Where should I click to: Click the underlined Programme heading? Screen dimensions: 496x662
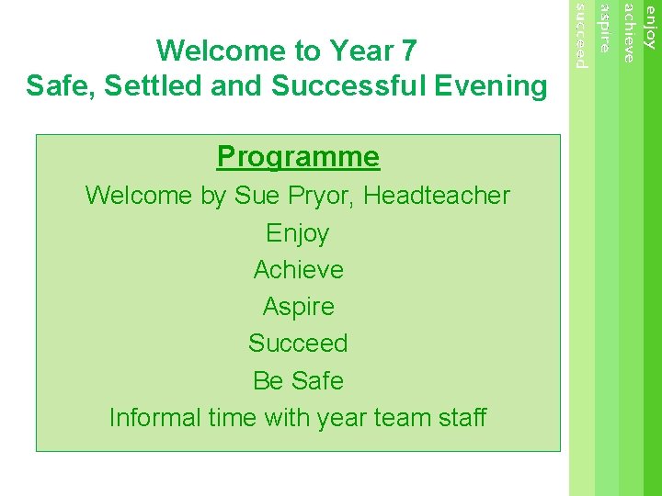298,157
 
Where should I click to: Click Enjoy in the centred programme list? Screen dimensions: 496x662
298,233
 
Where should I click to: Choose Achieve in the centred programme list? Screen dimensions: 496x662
298,270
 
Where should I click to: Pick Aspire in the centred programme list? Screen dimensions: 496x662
298,307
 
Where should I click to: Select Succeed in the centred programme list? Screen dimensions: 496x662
298,344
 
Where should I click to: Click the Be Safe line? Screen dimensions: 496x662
298,380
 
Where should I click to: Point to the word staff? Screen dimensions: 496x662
462,418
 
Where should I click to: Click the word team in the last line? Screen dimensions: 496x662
402,418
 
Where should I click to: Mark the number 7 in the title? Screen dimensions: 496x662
408,51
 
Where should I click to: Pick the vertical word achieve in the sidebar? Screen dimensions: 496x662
628,33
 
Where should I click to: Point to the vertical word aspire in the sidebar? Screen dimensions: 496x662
604,28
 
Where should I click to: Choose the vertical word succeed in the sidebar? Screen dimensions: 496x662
580,36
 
